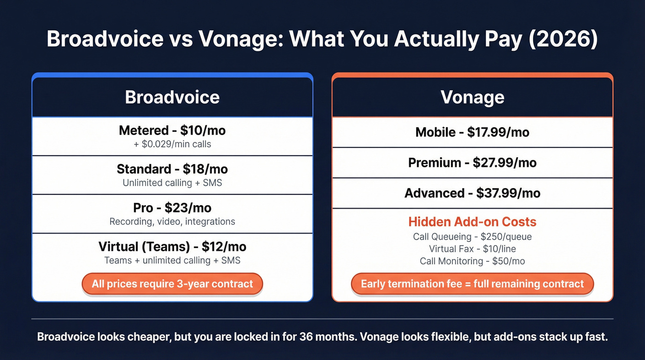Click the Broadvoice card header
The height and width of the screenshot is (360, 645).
tap(172, 97)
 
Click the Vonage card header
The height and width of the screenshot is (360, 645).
tap(472, 97)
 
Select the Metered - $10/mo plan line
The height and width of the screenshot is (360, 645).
tap(172, 130)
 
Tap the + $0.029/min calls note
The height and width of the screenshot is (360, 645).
tap(172, 144)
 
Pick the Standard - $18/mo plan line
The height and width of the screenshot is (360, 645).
tap(172, 169)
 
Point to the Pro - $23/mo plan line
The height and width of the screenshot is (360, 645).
tap(172, 207)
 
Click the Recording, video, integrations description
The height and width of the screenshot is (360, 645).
tap(172, 222)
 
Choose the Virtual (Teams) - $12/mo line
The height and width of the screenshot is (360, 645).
tap(172, 247)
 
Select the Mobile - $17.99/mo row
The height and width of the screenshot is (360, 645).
tap(472, 132)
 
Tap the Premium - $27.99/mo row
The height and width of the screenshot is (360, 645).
tap(472, 163)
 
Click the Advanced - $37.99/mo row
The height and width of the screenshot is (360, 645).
tap(472, 193)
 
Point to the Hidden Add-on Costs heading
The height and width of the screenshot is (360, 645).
tap(472, 222)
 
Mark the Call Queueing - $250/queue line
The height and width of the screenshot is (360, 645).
tap(472, 237)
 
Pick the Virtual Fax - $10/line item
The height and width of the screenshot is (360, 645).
tap(472, 249)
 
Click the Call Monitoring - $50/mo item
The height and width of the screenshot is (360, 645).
tap(472, 261)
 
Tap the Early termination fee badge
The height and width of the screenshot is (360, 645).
tap(472, 284)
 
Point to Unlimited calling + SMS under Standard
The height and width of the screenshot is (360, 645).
tap(172, 183)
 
